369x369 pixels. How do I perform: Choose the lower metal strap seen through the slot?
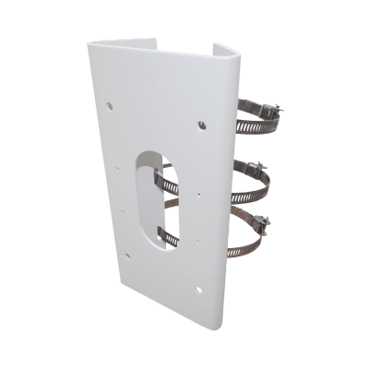pos(165,236)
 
